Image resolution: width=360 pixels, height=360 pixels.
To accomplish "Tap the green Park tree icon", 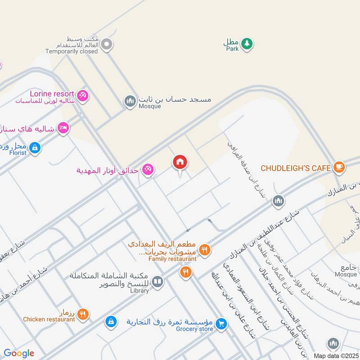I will (246, 44).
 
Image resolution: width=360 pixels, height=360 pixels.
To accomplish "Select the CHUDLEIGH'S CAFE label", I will (296, 168).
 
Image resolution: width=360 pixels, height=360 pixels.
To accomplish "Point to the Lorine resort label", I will (52, 94).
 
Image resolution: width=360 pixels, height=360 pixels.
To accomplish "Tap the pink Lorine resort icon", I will (82, 95).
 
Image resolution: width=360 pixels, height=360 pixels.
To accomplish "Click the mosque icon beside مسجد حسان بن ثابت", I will (130, 101).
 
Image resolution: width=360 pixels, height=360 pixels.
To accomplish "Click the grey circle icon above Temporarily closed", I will (106, 44).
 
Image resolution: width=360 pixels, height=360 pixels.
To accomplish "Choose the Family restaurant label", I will (173, 259).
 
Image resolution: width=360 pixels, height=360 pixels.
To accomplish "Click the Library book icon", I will (157, 282).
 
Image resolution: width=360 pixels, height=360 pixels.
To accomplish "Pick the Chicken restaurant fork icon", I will (82, 315).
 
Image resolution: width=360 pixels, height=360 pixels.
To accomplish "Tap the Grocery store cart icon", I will (221, 323).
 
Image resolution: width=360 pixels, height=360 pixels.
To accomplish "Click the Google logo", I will (19, 353).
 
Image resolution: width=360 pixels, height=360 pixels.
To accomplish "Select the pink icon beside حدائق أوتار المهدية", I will (148, 169).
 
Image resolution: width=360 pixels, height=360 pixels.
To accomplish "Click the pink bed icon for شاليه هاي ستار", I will (63, 129).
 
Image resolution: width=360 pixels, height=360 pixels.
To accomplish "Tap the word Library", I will (139, 291).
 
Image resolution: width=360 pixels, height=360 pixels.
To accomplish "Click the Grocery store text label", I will (194, 329).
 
